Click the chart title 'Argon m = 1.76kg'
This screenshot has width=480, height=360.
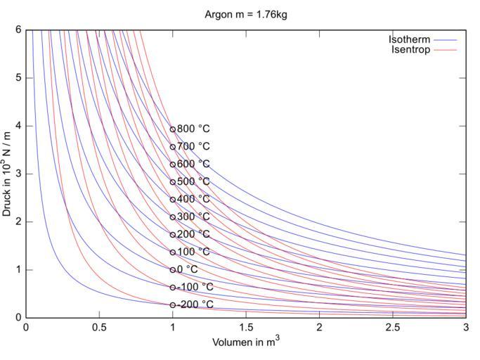(x=245, y=14)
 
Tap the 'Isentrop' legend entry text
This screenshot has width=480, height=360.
(x=410, y=50)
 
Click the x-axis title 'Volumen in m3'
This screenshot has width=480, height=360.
(x=245, y=342)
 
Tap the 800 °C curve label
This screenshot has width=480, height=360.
(x=193, y=129)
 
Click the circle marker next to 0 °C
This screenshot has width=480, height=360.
(x=173, y=269)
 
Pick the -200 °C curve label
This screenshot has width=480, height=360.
(x=195, y=304)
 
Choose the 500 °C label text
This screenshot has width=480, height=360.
(x=193, y=181)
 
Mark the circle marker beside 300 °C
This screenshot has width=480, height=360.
(x=173, y=217)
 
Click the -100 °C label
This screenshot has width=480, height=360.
(x=195, y=287)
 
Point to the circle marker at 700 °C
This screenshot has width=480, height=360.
(x=173, y=147)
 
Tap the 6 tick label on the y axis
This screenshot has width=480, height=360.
(x=18, y=30)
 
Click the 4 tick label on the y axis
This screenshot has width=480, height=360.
(x=18, y=126)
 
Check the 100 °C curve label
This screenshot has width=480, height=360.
(x=193, y=252)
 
